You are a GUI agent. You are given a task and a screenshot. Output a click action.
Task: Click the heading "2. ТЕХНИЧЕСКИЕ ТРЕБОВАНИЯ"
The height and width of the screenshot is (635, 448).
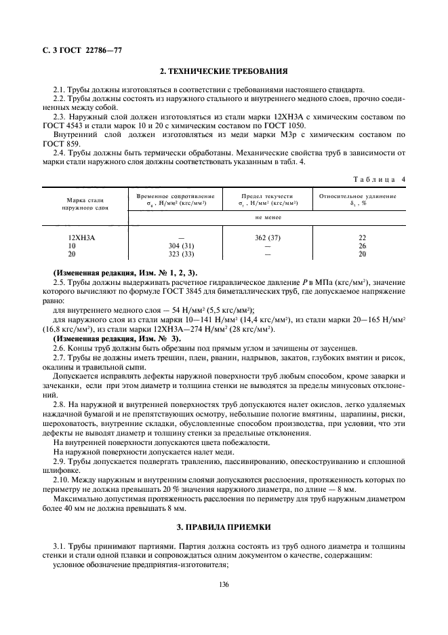pyautogui.click(x=224, y=71)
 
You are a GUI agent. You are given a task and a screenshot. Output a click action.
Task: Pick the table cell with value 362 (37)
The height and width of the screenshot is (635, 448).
pyautogui.click(x=267, y=237)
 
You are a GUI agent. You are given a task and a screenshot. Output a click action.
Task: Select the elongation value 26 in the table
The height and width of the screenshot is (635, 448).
pyautogui.click(x=361, y=246)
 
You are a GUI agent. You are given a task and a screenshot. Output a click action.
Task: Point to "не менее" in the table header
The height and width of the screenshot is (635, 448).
pyautogui.click(x=267, y=218)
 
